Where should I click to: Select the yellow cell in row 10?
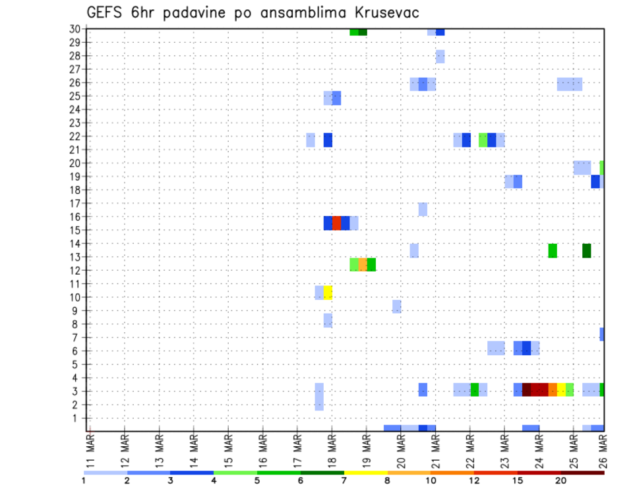[x=328, y=293]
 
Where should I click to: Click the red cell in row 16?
[x=336, y=223]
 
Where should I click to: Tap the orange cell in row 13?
[x=363, y=264]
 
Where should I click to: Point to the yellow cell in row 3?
[x=561, y=389]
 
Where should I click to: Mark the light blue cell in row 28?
[x=440, y=57]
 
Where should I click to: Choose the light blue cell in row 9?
[x=396, y=306]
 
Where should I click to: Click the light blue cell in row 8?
[x=328, y=320]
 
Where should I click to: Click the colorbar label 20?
[x=561, y=480]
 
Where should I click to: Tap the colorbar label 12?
[x=474, y=480]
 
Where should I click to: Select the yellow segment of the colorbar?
[x=366, y=473]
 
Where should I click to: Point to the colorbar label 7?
[x=344, y=480]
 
